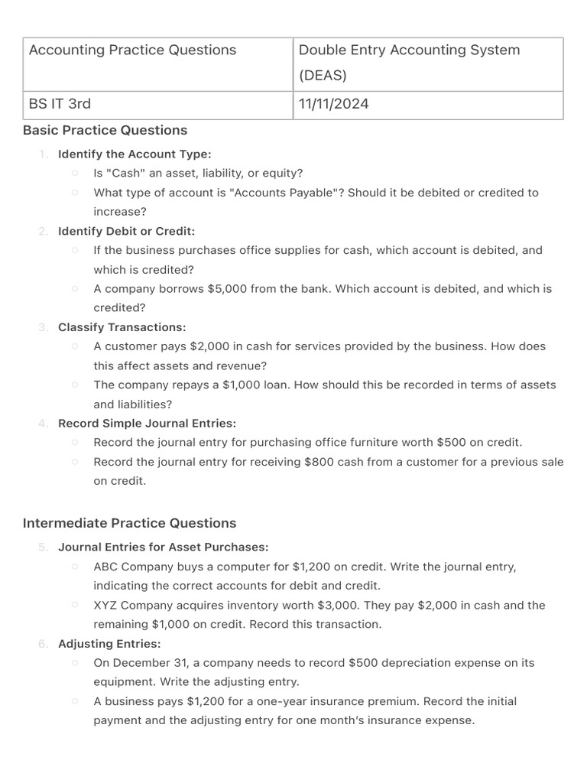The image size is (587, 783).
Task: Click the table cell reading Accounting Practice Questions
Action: (x=132, y=50)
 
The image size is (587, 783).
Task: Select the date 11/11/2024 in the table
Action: (x=333, y=104)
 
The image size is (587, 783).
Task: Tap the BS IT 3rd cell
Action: (x=60, y=104)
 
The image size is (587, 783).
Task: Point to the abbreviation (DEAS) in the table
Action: (x=323, y=76)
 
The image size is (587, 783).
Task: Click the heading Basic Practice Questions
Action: (x=105, y=130)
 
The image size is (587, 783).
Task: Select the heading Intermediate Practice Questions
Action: (x=129, y=523)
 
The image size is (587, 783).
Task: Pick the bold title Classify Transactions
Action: (x=122, y=327)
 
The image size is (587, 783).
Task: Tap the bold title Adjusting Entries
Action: (x=109, y=644)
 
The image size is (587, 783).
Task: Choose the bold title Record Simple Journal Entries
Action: (x=147, y=423)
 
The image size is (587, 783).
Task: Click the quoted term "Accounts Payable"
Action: (x=282, y=193)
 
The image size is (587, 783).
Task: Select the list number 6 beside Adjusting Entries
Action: (x=43, y=644)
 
